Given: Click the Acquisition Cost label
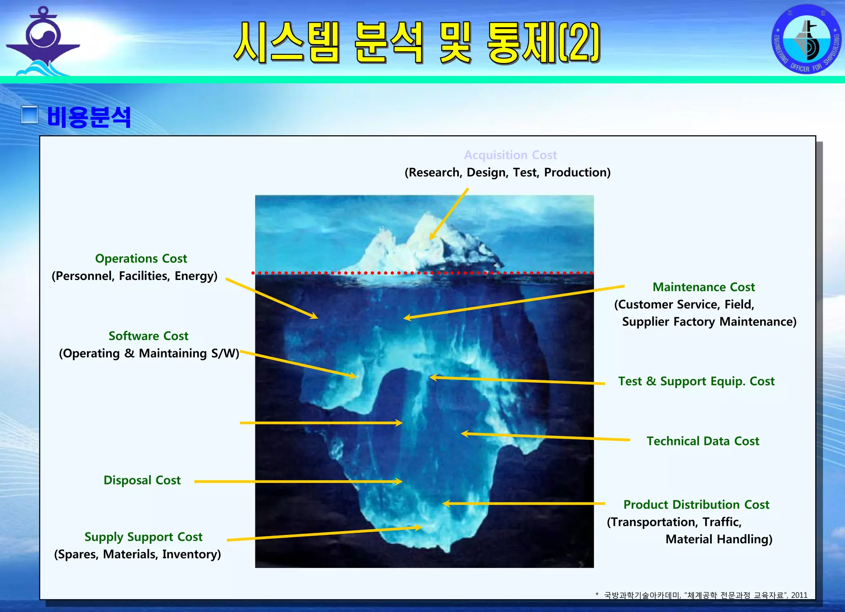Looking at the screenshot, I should [510, 155].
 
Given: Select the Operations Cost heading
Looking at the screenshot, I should [141, 259].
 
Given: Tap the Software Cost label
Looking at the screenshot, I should [148, 336].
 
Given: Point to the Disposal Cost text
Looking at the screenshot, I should [142, 480].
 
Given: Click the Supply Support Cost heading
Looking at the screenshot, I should [143, 537].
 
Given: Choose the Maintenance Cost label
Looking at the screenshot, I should [703, 287].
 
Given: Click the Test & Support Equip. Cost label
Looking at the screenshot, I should [696, 381].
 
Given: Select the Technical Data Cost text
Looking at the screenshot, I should [703, 441].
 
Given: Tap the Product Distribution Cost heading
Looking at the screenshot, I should [696, 505].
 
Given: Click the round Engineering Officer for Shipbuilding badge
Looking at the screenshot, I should [806, 40].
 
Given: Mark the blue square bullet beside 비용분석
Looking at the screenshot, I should [30, 115].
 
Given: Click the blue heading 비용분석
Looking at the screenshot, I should [89, 117].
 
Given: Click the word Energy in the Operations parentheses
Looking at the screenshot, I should [196, 276].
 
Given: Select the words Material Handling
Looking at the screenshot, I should [718, 539].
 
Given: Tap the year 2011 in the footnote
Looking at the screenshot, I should [799, 595].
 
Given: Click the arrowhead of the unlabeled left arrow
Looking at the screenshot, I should [399, 423].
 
